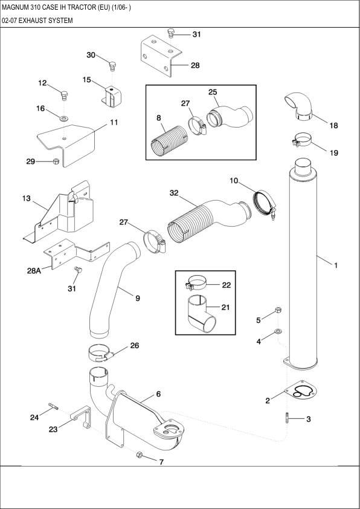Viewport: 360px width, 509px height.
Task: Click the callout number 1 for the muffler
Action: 336,265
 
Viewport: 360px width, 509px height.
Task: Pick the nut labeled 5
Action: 278,311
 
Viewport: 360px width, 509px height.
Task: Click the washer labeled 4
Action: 277,331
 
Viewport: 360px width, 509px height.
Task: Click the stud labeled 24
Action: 52,406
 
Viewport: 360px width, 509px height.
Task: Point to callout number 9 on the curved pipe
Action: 138,298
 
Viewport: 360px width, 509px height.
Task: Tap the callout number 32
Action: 174,193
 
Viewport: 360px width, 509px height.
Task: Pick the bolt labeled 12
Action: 65,94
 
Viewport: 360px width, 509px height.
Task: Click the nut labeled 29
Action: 56,161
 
